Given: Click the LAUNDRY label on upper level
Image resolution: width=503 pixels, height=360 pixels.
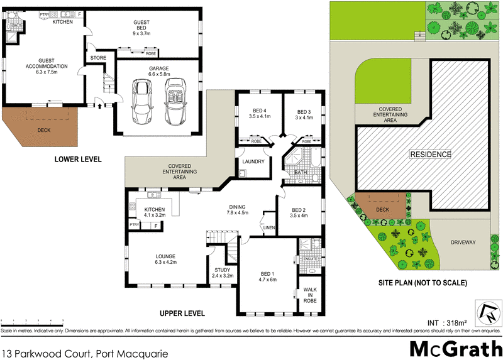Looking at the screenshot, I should (x=252, y=161).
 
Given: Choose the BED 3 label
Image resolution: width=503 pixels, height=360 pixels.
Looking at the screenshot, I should (x=303, y=114).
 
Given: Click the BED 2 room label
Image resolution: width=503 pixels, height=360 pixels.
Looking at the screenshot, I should (x=299, y=213).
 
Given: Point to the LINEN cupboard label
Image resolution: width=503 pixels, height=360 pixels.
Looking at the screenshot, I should (x=269, y=227).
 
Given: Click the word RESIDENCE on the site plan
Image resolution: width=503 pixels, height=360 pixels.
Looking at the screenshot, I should (x=431, y=154).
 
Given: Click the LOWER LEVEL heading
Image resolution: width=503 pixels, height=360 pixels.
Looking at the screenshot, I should (x=79, y=160).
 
